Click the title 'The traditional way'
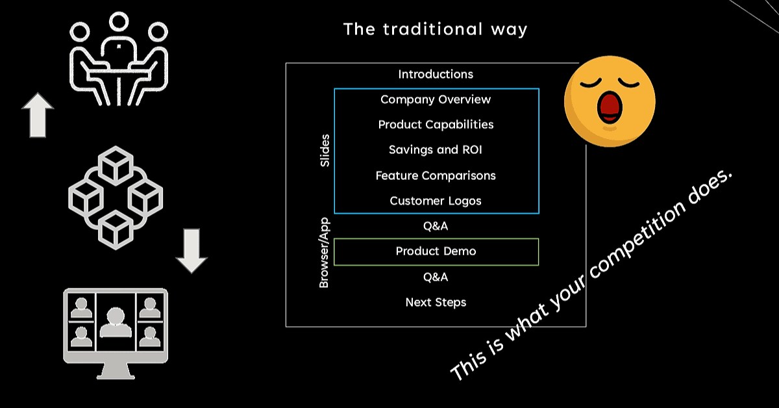436,29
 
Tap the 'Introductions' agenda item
436,74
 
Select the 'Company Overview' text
436,99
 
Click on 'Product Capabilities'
436,125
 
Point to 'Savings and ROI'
436,149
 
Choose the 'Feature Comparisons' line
436,175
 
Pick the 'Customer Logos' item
436,201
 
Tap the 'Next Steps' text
436,302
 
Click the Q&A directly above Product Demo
436,226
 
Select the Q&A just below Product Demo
436,277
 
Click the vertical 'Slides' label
325,151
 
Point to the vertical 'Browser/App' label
324,253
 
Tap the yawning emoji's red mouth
610,107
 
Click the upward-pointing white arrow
38,115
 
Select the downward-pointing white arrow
192,251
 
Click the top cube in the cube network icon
116,166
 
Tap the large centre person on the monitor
116,322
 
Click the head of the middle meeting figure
119,21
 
